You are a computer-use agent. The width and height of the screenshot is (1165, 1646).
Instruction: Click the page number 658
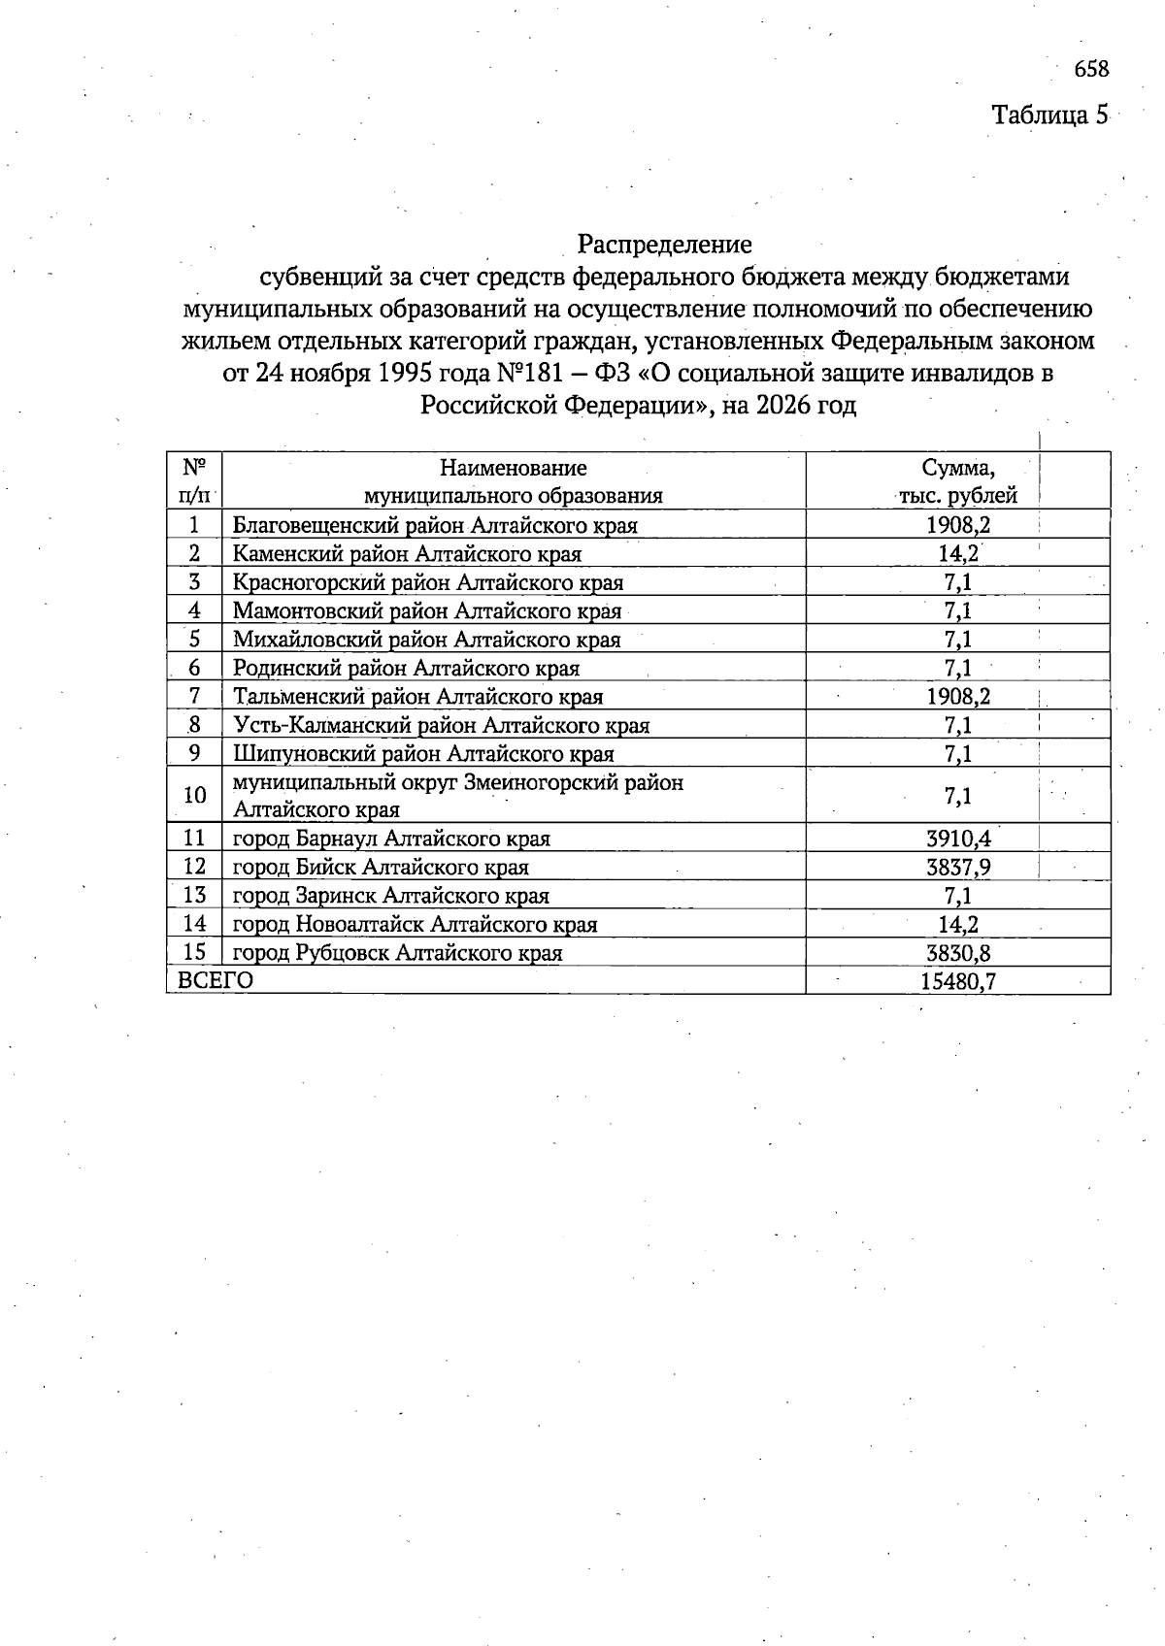(x=1090, y=69)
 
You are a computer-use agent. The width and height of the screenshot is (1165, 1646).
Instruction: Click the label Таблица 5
(x=1048, y=115)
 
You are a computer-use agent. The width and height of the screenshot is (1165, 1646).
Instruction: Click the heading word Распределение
(x=665, y=243)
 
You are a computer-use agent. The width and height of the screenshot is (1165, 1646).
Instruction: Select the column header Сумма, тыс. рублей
(x=957, y=481)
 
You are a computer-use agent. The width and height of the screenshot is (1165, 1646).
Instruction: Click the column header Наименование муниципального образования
(x=513, y=481)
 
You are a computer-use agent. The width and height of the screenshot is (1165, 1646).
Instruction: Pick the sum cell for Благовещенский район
(x=958, y=526)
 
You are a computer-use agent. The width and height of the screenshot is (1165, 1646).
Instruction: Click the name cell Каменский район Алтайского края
(x=407, y=554)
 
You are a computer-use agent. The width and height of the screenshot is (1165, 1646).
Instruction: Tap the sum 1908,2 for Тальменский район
(x=958, y=697)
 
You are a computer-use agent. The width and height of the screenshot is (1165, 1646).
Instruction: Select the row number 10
(x=194, y=796)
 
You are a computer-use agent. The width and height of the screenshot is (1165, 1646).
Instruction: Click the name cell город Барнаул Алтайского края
(x=391, y=839)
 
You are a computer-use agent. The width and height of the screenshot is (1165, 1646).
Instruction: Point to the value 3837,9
(x=958, y=867)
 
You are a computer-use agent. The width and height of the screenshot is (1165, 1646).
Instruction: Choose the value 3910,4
(x=958, y=839)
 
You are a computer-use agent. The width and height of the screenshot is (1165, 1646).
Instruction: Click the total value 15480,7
(x=958, y=981)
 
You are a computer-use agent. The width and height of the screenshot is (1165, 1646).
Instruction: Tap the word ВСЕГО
(x=216, y=980)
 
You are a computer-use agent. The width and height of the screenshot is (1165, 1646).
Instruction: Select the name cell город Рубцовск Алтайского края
(x=397, y=953)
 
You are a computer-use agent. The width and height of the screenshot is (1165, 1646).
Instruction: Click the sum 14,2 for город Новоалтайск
(x=958, y=924)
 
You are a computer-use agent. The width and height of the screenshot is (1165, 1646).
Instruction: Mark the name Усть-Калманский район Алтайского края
(x=441, y=725)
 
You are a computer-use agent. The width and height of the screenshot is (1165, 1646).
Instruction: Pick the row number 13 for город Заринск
(x=194, y=895)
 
